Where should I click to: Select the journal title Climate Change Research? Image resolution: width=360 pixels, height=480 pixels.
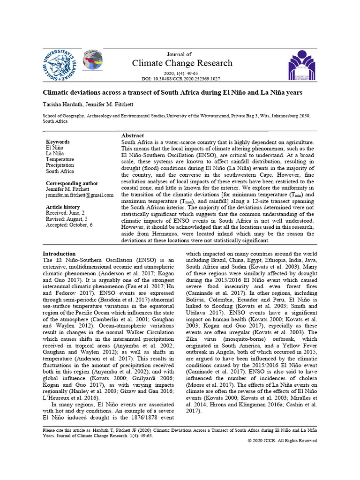pyautogui.click(x=182, y=63)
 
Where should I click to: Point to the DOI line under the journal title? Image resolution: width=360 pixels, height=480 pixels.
pyautogui.click(x=181, y=79)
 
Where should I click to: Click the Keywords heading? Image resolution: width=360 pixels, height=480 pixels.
pyautogui.click(x=58, y=142)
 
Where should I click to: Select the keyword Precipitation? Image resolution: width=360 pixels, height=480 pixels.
pyautogui.click(x=60, y=165)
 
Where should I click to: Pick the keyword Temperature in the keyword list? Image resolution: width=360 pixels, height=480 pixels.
pyautogui.click(x=60, y=159)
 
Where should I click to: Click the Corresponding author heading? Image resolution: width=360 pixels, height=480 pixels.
pyautogui.click(x=72, y=183)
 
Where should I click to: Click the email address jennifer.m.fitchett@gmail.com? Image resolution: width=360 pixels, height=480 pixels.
pyautogui.click(x=79, y=195)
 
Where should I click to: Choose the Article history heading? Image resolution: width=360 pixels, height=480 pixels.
pyautogui.click(x=63, y=207)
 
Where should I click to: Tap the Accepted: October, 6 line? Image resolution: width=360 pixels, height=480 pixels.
pyautogui.click(x=69, y=225)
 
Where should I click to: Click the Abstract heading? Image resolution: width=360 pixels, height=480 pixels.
pyautogui.click(x=133, y=135)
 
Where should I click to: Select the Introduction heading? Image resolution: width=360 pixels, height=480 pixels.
pyautogui.click(x=59, y=254)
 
